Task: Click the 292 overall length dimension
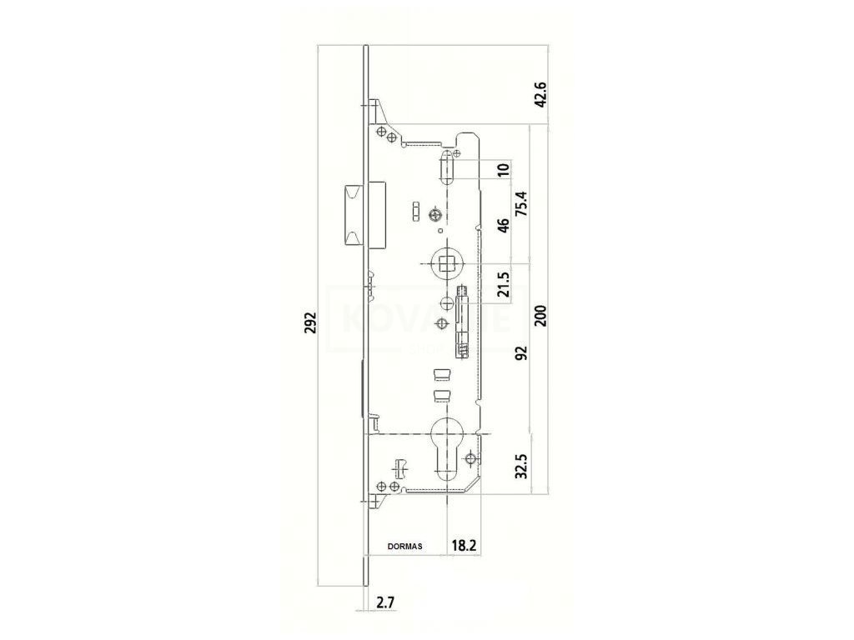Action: point(310,322)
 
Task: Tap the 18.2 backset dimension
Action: point(465,547)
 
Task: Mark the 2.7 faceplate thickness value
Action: point(384,602)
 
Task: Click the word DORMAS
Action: point(405,547)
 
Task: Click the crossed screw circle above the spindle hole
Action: point(435,217)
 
